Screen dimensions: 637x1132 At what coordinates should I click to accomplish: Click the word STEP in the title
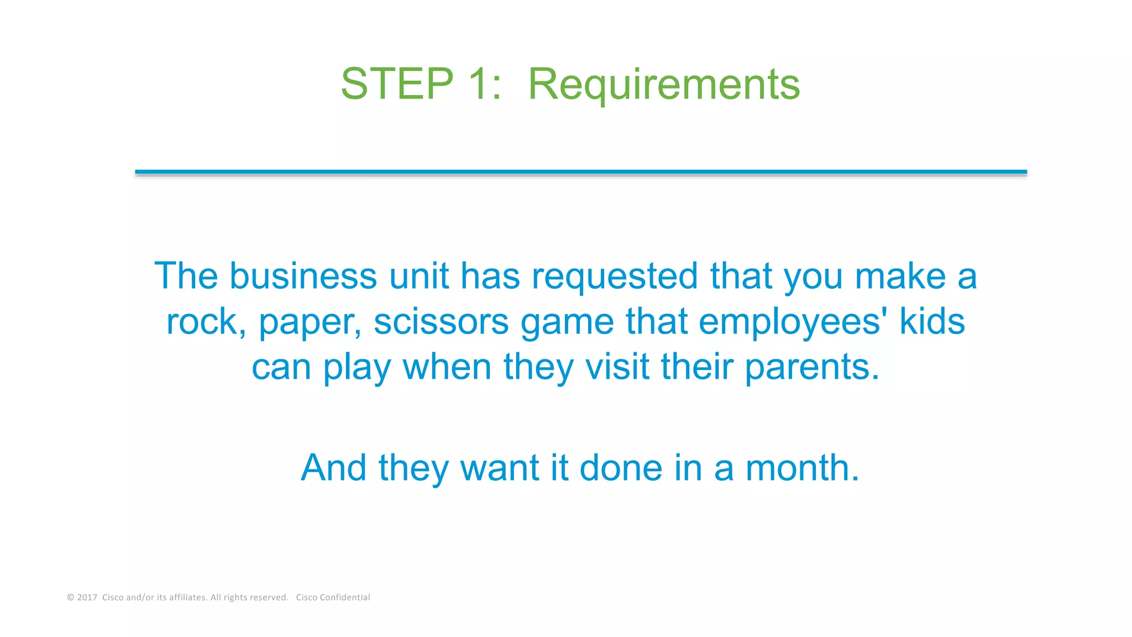tap(397, 84)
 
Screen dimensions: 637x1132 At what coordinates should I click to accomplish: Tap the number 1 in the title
tap(479, 84)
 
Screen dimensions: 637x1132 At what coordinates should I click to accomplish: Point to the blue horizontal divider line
tap(580, 172)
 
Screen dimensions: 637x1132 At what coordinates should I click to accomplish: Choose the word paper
tap(310, 323)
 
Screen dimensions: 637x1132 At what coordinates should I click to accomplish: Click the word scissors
tap(441, 322)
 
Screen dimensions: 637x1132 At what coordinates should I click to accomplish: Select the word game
tap(567, 323)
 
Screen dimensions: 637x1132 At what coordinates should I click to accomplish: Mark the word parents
tap(811, 368)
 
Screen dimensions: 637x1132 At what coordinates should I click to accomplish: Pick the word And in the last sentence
tap(333, 468)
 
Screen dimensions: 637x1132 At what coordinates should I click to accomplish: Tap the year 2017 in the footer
tap(87, 597)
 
